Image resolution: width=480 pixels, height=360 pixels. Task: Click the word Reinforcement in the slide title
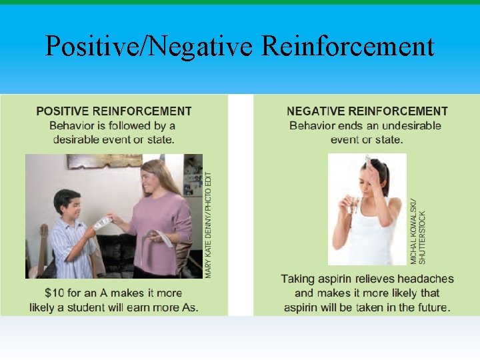pyautogui.click(x=347, y=47)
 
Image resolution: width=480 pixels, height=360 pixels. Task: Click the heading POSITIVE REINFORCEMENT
pyautogui.click(x=113, y=111)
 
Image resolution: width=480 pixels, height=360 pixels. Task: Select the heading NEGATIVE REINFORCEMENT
pyautogui.click(x=367, y=111)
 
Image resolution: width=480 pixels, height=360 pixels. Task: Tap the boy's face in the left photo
pyautogui.click(x=68, y=204)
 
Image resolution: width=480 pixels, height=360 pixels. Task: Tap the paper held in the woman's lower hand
pyautogui.click(x=160, y=236)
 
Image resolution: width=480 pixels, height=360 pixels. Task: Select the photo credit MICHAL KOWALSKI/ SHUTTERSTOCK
pyautogui.click(x=417, y=230)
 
